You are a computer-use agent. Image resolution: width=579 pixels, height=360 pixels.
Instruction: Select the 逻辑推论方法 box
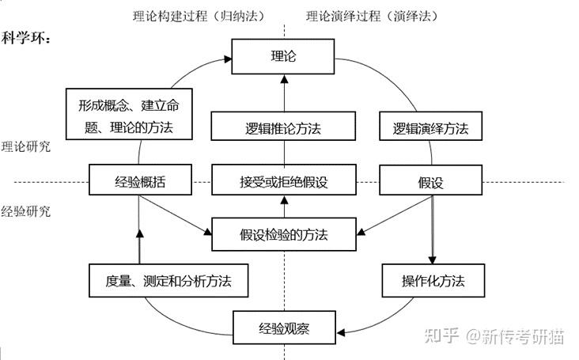pos(282,127)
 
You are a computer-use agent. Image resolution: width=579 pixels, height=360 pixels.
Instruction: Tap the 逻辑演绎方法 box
pos(430,127)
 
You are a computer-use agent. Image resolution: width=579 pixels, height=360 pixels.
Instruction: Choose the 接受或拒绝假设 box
pos(282,181)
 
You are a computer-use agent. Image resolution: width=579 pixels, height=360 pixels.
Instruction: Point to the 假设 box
pos(430,181)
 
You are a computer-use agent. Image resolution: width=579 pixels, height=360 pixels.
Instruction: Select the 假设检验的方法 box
pos(282,233)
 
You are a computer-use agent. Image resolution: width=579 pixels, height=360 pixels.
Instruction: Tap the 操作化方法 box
pos(432,280)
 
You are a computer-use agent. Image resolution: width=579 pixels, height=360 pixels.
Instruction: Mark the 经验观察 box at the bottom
pos(284,328)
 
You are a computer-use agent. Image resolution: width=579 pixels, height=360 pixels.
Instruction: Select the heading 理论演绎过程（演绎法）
pos(373,15)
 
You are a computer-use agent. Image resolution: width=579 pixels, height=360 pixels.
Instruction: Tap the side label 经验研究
pos(26,211)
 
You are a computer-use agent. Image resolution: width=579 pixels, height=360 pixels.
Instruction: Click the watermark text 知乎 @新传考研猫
pos(494,335)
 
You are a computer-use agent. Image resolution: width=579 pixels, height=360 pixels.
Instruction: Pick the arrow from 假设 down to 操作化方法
pos(432,229)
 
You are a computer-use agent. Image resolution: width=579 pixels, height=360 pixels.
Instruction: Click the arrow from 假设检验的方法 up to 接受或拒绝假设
pos(282,206)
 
